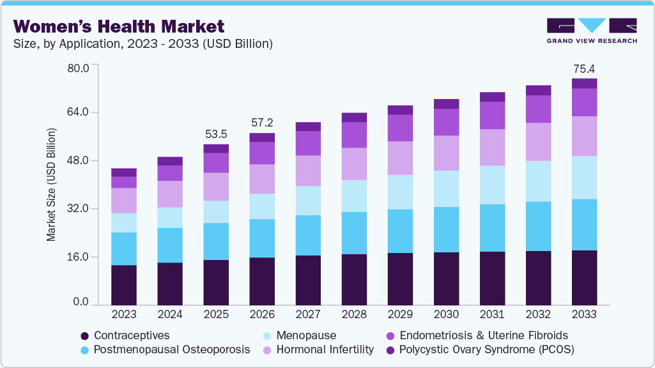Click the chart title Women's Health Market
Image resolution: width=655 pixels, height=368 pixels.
pyautogui.click(x=119, y=26)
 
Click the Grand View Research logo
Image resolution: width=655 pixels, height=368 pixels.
pyautogui.click(x=592, y=30)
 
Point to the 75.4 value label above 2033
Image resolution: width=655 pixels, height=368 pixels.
pyautogui.click(x=583, y=68)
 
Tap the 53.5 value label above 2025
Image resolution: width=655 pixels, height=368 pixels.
pyautogui.click(x=215, y=134)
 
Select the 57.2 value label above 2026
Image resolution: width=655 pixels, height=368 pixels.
pyautogui.click(x=262, y=123)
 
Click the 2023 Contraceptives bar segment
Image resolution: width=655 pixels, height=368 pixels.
pyautogui.click(x=123, y=285)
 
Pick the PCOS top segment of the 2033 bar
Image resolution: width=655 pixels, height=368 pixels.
pyautogui.click(x=583, y=84)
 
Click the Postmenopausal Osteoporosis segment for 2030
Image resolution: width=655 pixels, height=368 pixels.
pyautogui.click(x=445, y=229)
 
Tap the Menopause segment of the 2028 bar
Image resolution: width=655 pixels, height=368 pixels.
pyautogui.click(x=354, y=195)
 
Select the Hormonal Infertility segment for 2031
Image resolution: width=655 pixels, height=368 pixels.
pyautogui.click(x=492, y=148)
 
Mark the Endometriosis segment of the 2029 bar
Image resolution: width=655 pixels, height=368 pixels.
pyautogui.click(x=400, y=128)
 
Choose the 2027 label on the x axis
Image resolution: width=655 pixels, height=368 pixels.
pyautogui.click(x=308, y=315)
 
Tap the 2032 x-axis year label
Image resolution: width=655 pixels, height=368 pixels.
pyautogui.click(x=537, y=315)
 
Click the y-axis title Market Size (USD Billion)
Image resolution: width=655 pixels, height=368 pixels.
pyautogui.click(x=51, y=185)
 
